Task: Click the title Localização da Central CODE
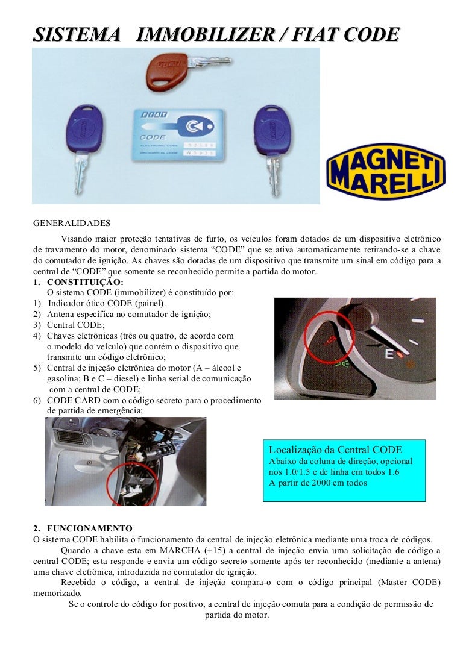point(335,450)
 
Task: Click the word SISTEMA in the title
point(77,35)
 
